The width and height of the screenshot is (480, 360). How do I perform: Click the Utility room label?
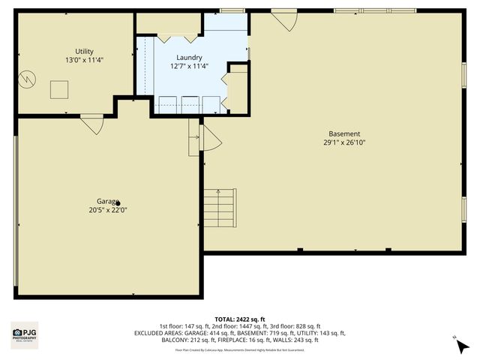84,51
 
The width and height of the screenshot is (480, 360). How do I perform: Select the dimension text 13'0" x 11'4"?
84,59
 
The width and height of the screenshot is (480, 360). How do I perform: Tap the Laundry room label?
189,58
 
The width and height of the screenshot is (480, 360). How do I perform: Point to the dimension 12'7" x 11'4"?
189,66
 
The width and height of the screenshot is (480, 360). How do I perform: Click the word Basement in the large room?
343,133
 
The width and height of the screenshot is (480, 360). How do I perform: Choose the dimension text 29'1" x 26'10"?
343,142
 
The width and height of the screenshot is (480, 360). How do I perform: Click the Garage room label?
108,202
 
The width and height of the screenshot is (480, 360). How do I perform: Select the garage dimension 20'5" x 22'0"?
108,210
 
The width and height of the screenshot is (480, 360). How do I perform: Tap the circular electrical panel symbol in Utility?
28,77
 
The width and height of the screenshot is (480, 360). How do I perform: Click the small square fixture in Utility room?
59,89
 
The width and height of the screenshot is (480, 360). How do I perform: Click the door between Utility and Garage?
92,124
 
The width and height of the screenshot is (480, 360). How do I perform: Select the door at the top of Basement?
283,19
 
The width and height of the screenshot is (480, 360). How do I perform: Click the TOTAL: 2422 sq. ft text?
239,319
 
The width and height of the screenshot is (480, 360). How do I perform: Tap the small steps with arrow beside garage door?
194,136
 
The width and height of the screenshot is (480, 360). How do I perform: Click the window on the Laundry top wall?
227,10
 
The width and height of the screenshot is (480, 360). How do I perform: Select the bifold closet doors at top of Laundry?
178,36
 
